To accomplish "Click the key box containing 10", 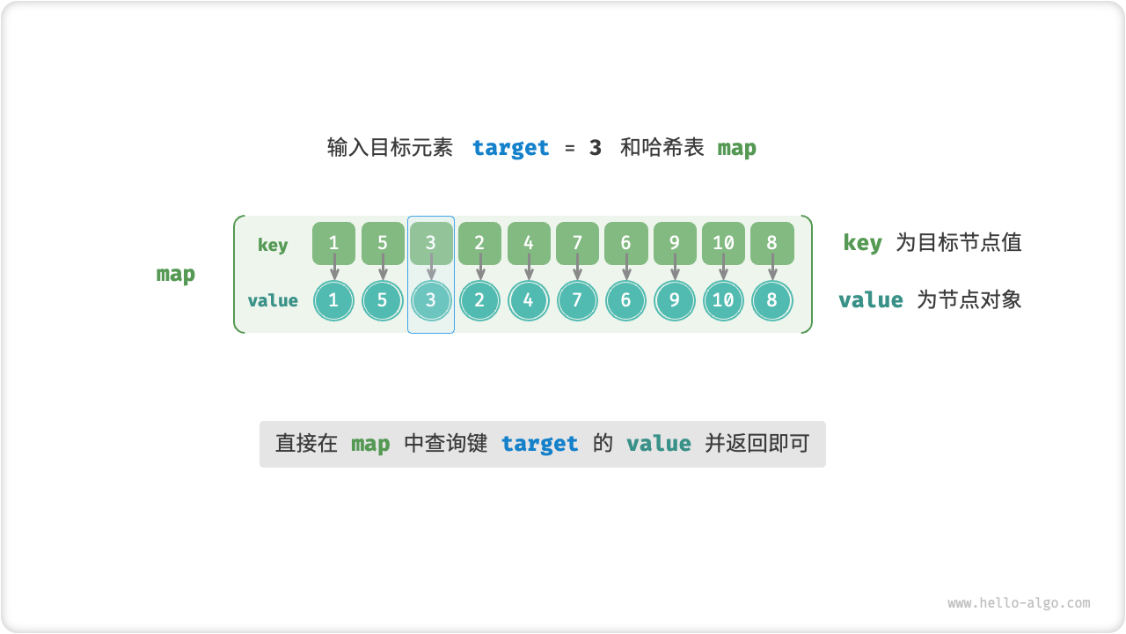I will point(723,243).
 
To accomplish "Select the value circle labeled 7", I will point(577,300).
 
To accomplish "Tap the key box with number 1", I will point(333,243).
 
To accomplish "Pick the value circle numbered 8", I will point(771,300).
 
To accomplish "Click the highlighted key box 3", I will point(431,243).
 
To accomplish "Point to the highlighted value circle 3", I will point(431,300).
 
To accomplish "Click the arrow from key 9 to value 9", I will point(675,268).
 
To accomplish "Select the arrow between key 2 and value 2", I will point(480,268).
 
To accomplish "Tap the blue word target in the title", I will point(510,148).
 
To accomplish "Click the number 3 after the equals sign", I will point(596,148).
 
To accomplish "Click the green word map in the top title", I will point(736,148).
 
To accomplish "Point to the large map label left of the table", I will point(176,274).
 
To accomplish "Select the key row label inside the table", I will point(273,245).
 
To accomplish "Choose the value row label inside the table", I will point(273,300).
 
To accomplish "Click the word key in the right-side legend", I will point(862,243).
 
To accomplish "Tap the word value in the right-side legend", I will point(871,300).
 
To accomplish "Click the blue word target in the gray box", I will point(540,444).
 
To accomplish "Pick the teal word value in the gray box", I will point(658,444).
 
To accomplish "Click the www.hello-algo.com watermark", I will point(1019,603).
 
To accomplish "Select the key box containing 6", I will point(625,243).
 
